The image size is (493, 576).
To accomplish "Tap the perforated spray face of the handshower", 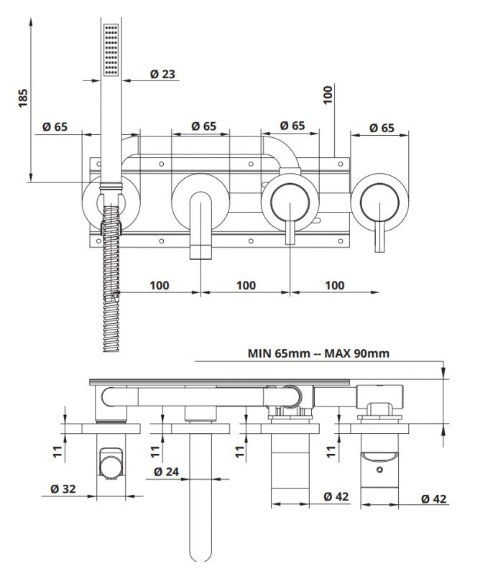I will tap(111, 49).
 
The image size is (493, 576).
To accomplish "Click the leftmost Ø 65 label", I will tap(55, 126).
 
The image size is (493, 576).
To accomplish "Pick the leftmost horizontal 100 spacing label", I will tap(160, 285).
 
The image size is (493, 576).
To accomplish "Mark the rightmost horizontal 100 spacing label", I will tap(334, 285).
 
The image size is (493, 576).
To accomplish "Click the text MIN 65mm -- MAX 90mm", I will tap(319, 353).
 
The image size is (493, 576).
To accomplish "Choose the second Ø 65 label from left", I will tap(204, 126).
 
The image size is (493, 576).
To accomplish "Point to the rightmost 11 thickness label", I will tap(331, 451).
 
